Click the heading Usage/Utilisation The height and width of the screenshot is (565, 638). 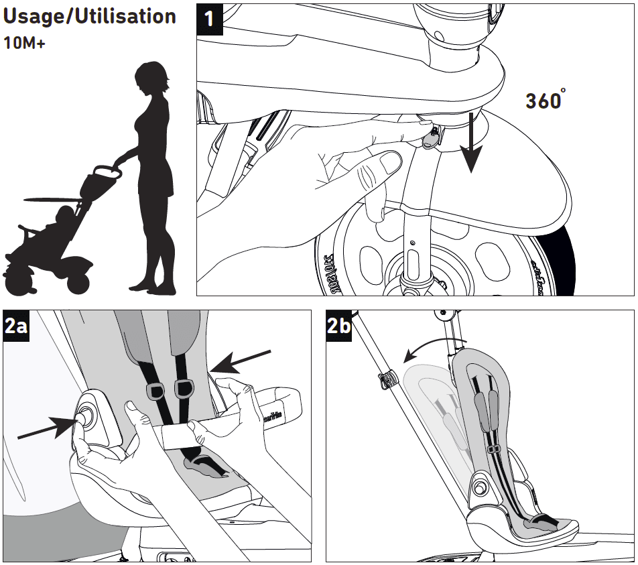(x=90, y=17)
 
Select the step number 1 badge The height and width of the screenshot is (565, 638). (x=210, y=17)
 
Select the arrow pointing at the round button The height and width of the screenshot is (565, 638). (x=47, y=429)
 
